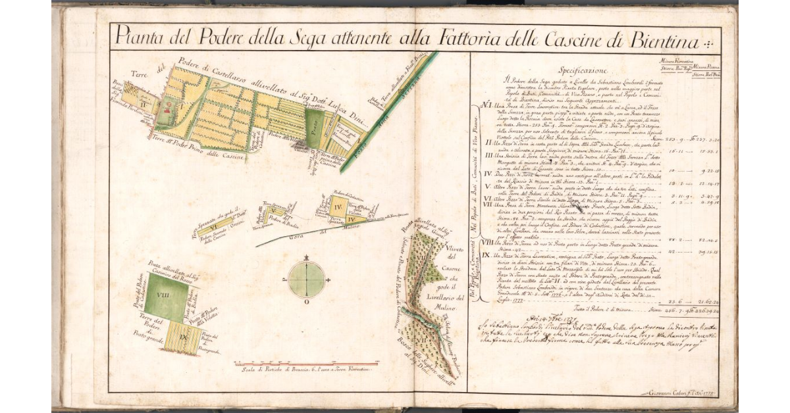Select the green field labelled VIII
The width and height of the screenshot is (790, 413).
(165, 297)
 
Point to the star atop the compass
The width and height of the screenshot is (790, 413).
(306, 256)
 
